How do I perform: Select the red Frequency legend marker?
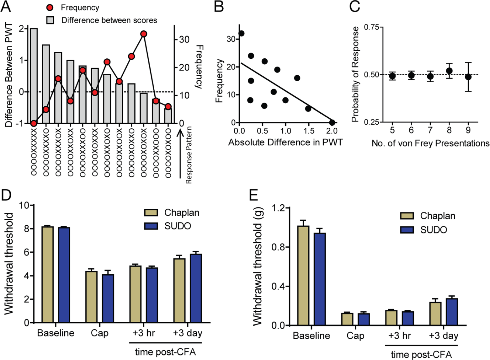50,8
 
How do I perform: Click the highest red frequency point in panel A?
143,34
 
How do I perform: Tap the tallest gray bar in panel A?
34,76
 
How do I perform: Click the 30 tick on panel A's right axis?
184,40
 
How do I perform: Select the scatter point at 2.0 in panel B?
332,122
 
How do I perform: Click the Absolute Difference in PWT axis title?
285,142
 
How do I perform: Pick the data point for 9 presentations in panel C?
468,77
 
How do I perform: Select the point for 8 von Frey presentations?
449,71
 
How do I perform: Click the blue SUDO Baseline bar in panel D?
64,275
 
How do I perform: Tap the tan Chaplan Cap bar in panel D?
92,297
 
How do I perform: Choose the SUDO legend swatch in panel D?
151,226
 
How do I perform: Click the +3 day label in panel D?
188,333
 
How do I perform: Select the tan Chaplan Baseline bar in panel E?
303,276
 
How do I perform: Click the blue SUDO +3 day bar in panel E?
452,312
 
